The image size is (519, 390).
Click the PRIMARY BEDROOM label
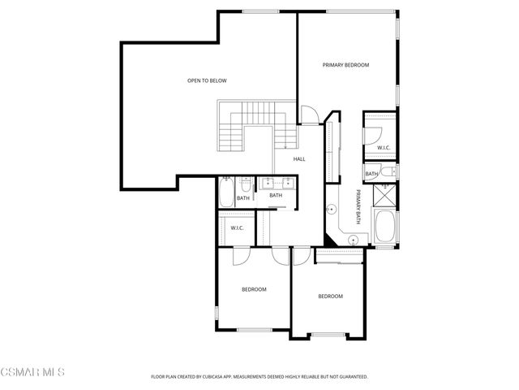[x=345, y=65]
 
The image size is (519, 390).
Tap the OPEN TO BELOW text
[x=207, y=80]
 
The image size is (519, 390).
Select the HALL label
[x=299, y=159]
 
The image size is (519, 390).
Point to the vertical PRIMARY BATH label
[x=356, y=209]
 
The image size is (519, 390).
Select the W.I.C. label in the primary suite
[x=384, y=148]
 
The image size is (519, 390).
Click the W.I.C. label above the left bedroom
[x=238, y=227]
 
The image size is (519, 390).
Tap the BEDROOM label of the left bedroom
[x=254, y=289]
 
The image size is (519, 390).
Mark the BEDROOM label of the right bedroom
[x=330, y=297]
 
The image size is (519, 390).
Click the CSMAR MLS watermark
[x=32, y=372]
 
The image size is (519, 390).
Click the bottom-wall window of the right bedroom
[x=328, y=335]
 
